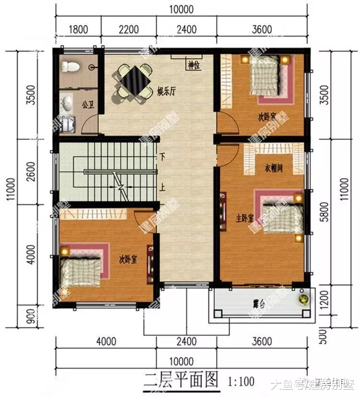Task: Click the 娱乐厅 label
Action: tap(166, 91)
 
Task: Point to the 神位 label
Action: tap(193, 65)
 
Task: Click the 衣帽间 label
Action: tap(273, 169)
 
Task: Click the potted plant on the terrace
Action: tap(303, 299)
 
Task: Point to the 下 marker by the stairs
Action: tap(163, 157)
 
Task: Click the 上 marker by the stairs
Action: tap(163, 188)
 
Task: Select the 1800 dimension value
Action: tap(78, 29)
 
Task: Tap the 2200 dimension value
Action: tap(129, 29)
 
